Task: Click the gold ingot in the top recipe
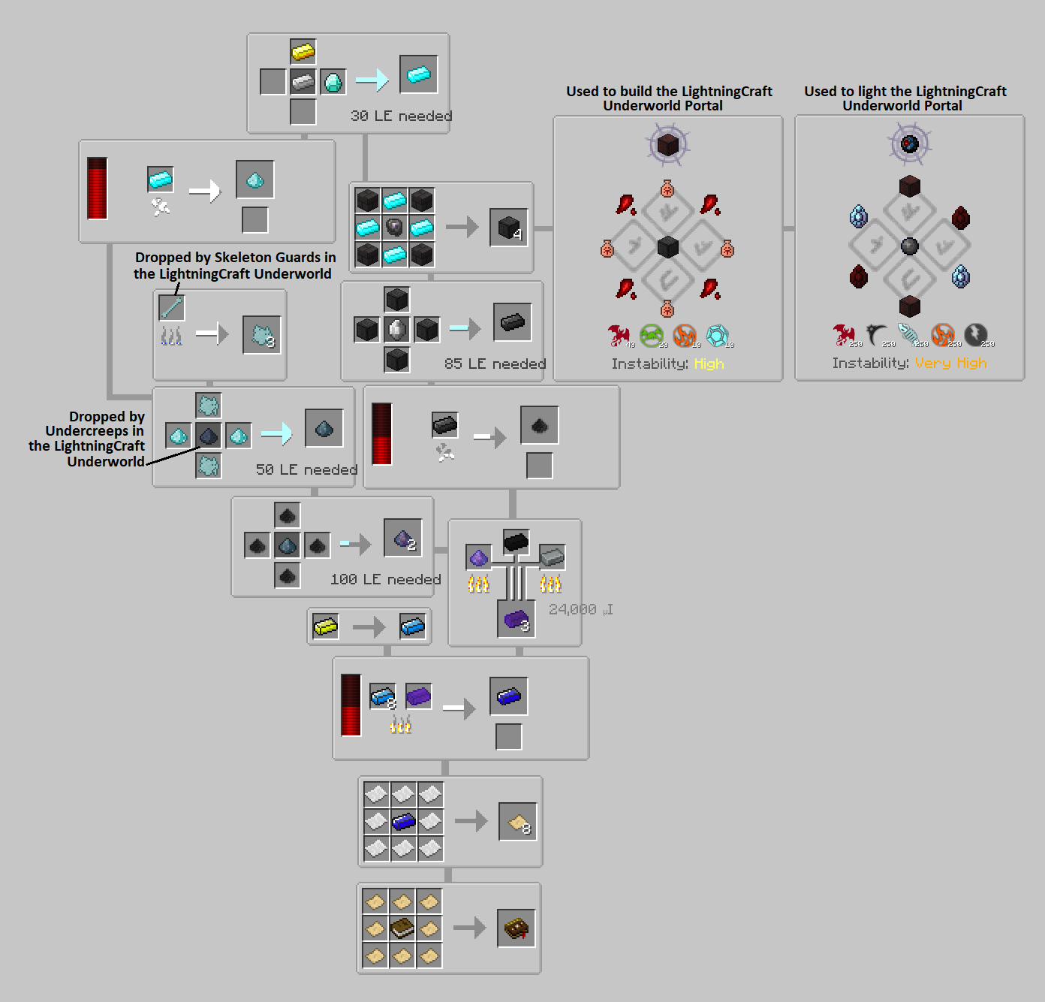(303, 52)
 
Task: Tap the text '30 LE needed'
(401, 116)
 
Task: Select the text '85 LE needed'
(495, 364)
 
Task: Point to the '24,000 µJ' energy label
(580, 609)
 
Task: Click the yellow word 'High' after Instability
(709, 364)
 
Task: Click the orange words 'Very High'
(950, 363)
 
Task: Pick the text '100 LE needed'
(385, 579)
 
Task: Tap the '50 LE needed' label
(306, 469)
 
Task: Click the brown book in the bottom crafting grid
(402, 928)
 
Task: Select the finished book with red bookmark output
(516, 928)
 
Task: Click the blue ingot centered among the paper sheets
(403, 821)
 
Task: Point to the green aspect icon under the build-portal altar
(651, 335)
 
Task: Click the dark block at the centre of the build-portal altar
(667, 246)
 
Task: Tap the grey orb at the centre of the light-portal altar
(909, 246)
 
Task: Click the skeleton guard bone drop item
(172, 307)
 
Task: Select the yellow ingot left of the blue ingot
(326, 626)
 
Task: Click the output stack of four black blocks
(509, 227)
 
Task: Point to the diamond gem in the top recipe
(333, 81)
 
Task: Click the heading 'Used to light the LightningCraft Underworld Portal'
(905, 98)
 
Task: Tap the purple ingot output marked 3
(516, 620)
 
